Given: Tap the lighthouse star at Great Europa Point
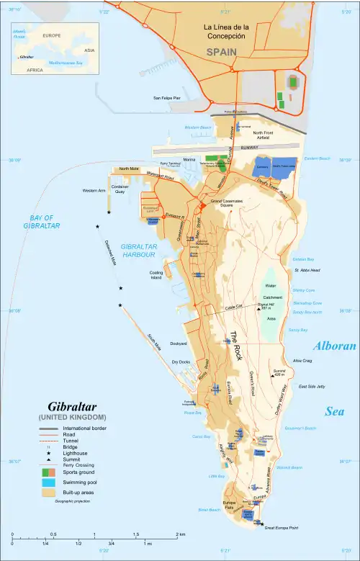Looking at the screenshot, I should click(x=262, y=524).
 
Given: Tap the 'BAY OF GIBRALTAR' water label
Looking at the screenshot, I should click(x=40, y=221).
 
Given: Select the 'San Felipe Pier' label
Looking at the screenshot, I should click(x=166, y=97).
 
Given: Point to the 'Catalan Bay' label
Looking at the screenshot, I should click(x=303, y=259).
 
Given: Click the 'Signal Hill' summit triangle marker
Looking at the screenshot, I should click(x=249, y=308).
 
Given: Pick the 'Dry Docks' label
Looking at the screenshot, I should click(x=180, y=362).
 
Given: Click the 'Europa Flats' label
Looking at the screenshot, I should click(x=228, y=504).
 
